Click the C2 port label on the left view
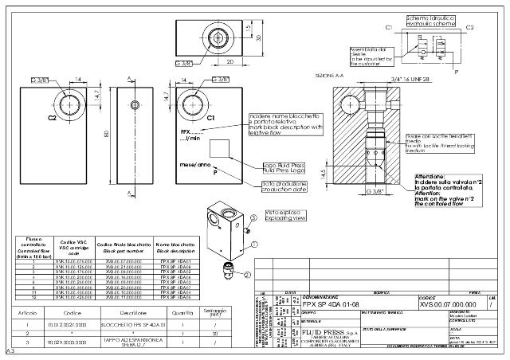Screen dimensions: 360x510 (x=51, y=117)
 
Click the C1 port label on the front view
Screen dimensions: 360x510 (x=210, y=118)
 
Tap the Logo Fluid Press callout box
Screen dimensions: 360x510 (x=284, y=168)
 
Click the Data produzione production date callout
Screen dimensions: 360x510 (x=284, y=186)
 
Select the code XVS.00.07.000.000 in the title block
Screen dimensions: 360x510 (x=447, y=304)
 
